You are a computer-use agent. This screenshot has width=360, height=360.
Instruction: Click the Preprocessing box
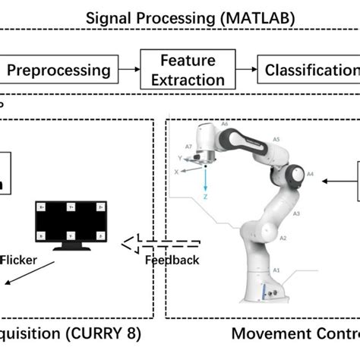click(58, 71)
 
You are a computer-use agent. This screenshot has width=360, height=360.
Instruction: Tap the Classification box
click(310, 71)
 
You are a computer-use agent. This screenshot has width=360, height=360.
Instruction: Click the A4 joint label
click(310, 174)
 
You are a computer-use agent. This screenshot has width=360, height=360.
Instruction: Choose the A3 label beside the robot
click(285, 215)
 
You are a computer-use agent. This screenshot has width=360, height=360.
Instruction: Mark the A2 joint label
click(283, 238)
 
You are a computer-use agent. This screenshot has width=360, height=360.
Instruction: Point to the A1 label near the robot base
click(276, 270)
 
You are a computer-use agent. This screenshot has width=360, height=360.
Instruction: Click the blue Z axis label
click(207, 197)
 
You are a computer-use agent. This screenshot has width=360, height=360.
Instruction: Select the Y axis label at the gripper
click(180, 158)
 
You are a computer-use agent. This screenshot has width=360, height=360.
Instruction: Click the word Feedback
click(172, 261)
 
